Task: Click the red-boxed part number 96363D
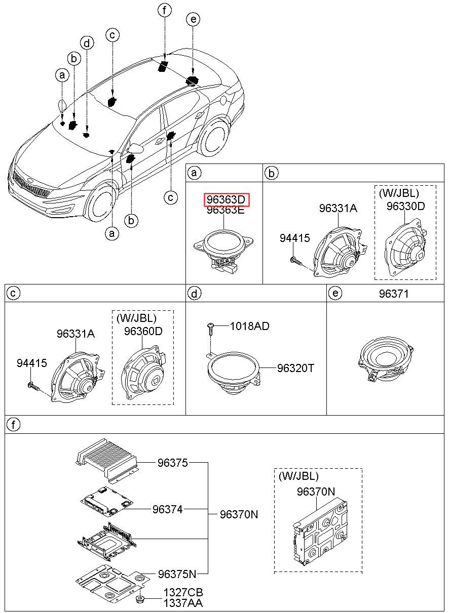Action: (x=227, y=200)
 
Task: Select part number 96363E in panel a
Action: (x=226, y=211)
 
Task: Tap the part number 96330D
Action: (x=405, y=206)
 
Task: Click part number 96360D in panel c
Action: (x=143, y=331)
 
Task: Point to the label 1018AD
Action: (x=250, y=326)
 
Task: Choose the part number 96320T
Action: (x=295, y=368)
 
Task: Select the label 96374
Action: (x=168, y=510)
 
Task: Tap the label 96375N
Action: (x=176, y=574)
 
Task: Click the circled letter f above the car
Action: (x=164, y=10)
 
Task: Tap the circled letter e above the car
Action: (x=193, y=20)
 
